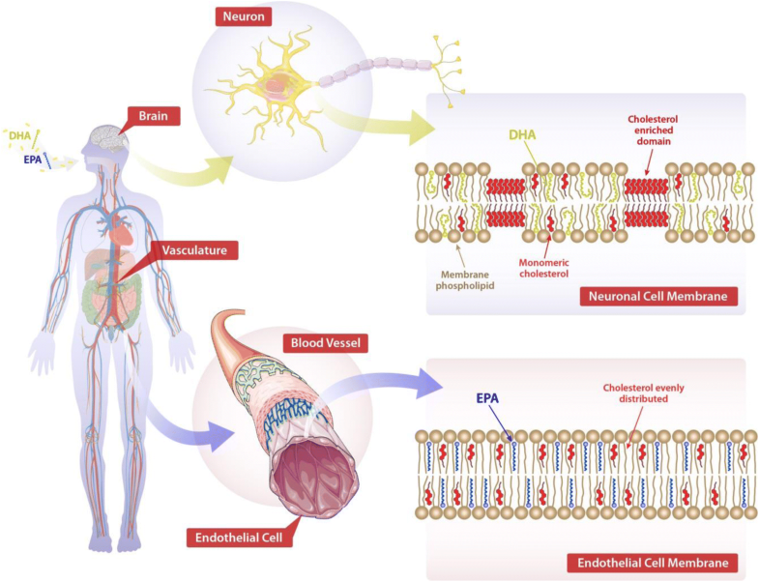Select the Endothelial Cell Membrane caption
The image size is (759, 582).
click(x=653, y=561)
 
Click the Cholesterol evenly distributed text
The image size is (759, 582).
click(x=635, y=393)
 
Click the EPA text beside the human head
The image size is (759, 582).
click(x=33, y=160)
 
